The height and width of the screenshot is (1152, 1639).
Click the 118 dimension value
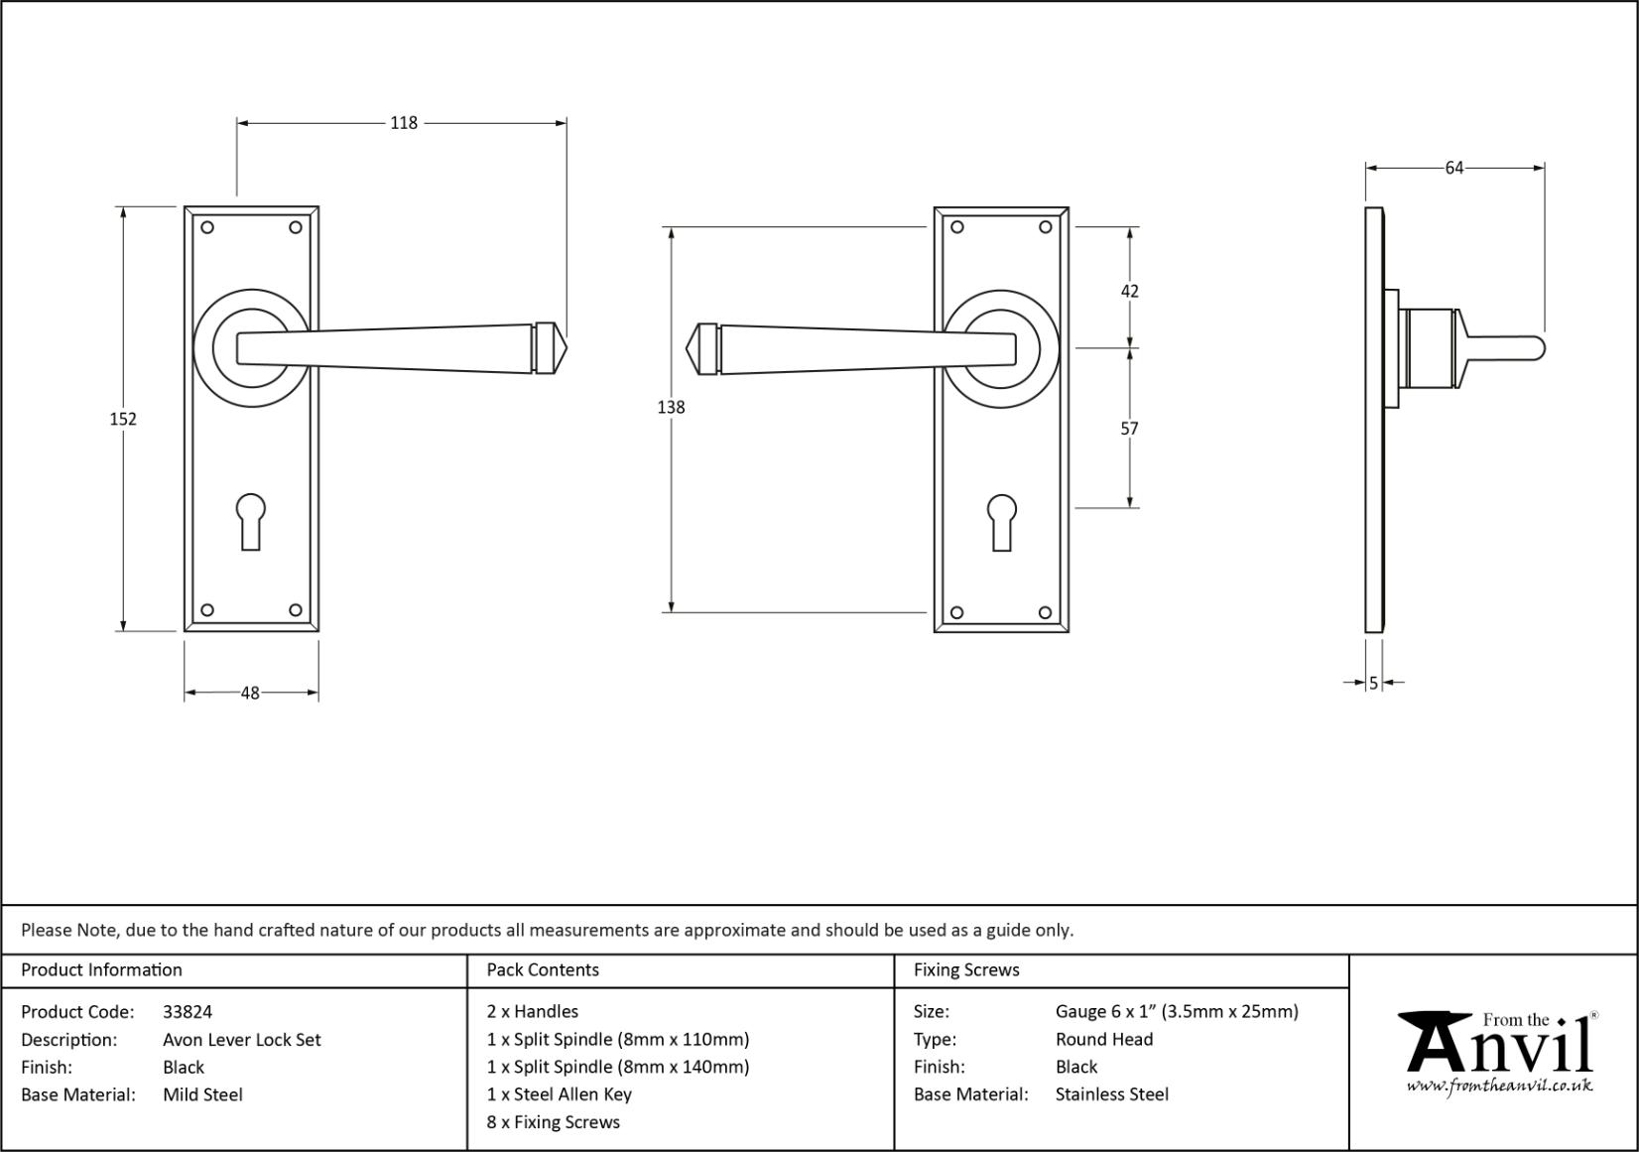(x=403, y=123)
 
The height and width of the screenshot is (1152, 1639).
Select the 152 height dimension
(x=123, y=419)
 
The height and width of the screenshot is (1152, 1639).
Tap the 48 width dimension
(x=250, y=693)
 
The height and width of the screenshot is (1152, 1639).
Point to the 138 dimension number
(x=671, y=407)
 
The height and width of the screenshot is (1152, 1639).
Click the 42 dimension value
(x=1130, y=292)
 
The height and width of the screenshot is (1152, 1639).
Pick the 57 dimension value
(x=1130, y=429)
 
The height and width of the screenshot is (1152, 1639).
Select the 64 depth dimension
(x=1453, y=169)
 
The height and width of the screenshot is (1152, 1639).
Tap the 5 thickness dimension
(x=1373, y=683)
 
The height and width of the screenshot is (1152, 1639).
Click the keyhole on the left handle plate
(x=251, y=521)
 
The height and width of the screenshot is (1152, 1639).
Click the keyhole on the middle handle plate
(x=1002, y=523)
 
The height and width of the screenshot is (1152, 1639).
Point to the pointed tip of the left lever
(x=567, y=347)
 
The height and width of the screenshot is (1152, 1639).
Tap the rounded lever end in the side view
(x=1539, y=348)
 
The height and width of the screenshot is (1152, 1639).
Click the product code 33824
(x=188, y=1011)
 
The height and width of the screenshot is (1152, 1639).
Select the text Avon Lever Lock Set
(x=241, y=1039)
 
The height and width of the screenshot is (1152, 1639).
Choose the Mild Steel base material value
(x=202, y=1094)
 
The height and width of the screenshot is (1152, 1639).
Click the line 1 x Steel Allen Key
(x=559, y=1094)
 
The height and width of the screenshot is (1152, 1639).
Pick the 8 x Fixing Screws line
(x=554, y=1122)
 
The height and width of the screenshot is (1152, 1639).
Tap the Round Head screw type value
(x=1104, y=1039)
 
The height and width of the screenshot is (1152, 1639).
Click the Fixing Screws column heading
(x=966, y=969)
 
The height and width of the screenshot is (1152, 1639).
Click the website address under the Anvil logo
(x=1499, y=1087)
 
